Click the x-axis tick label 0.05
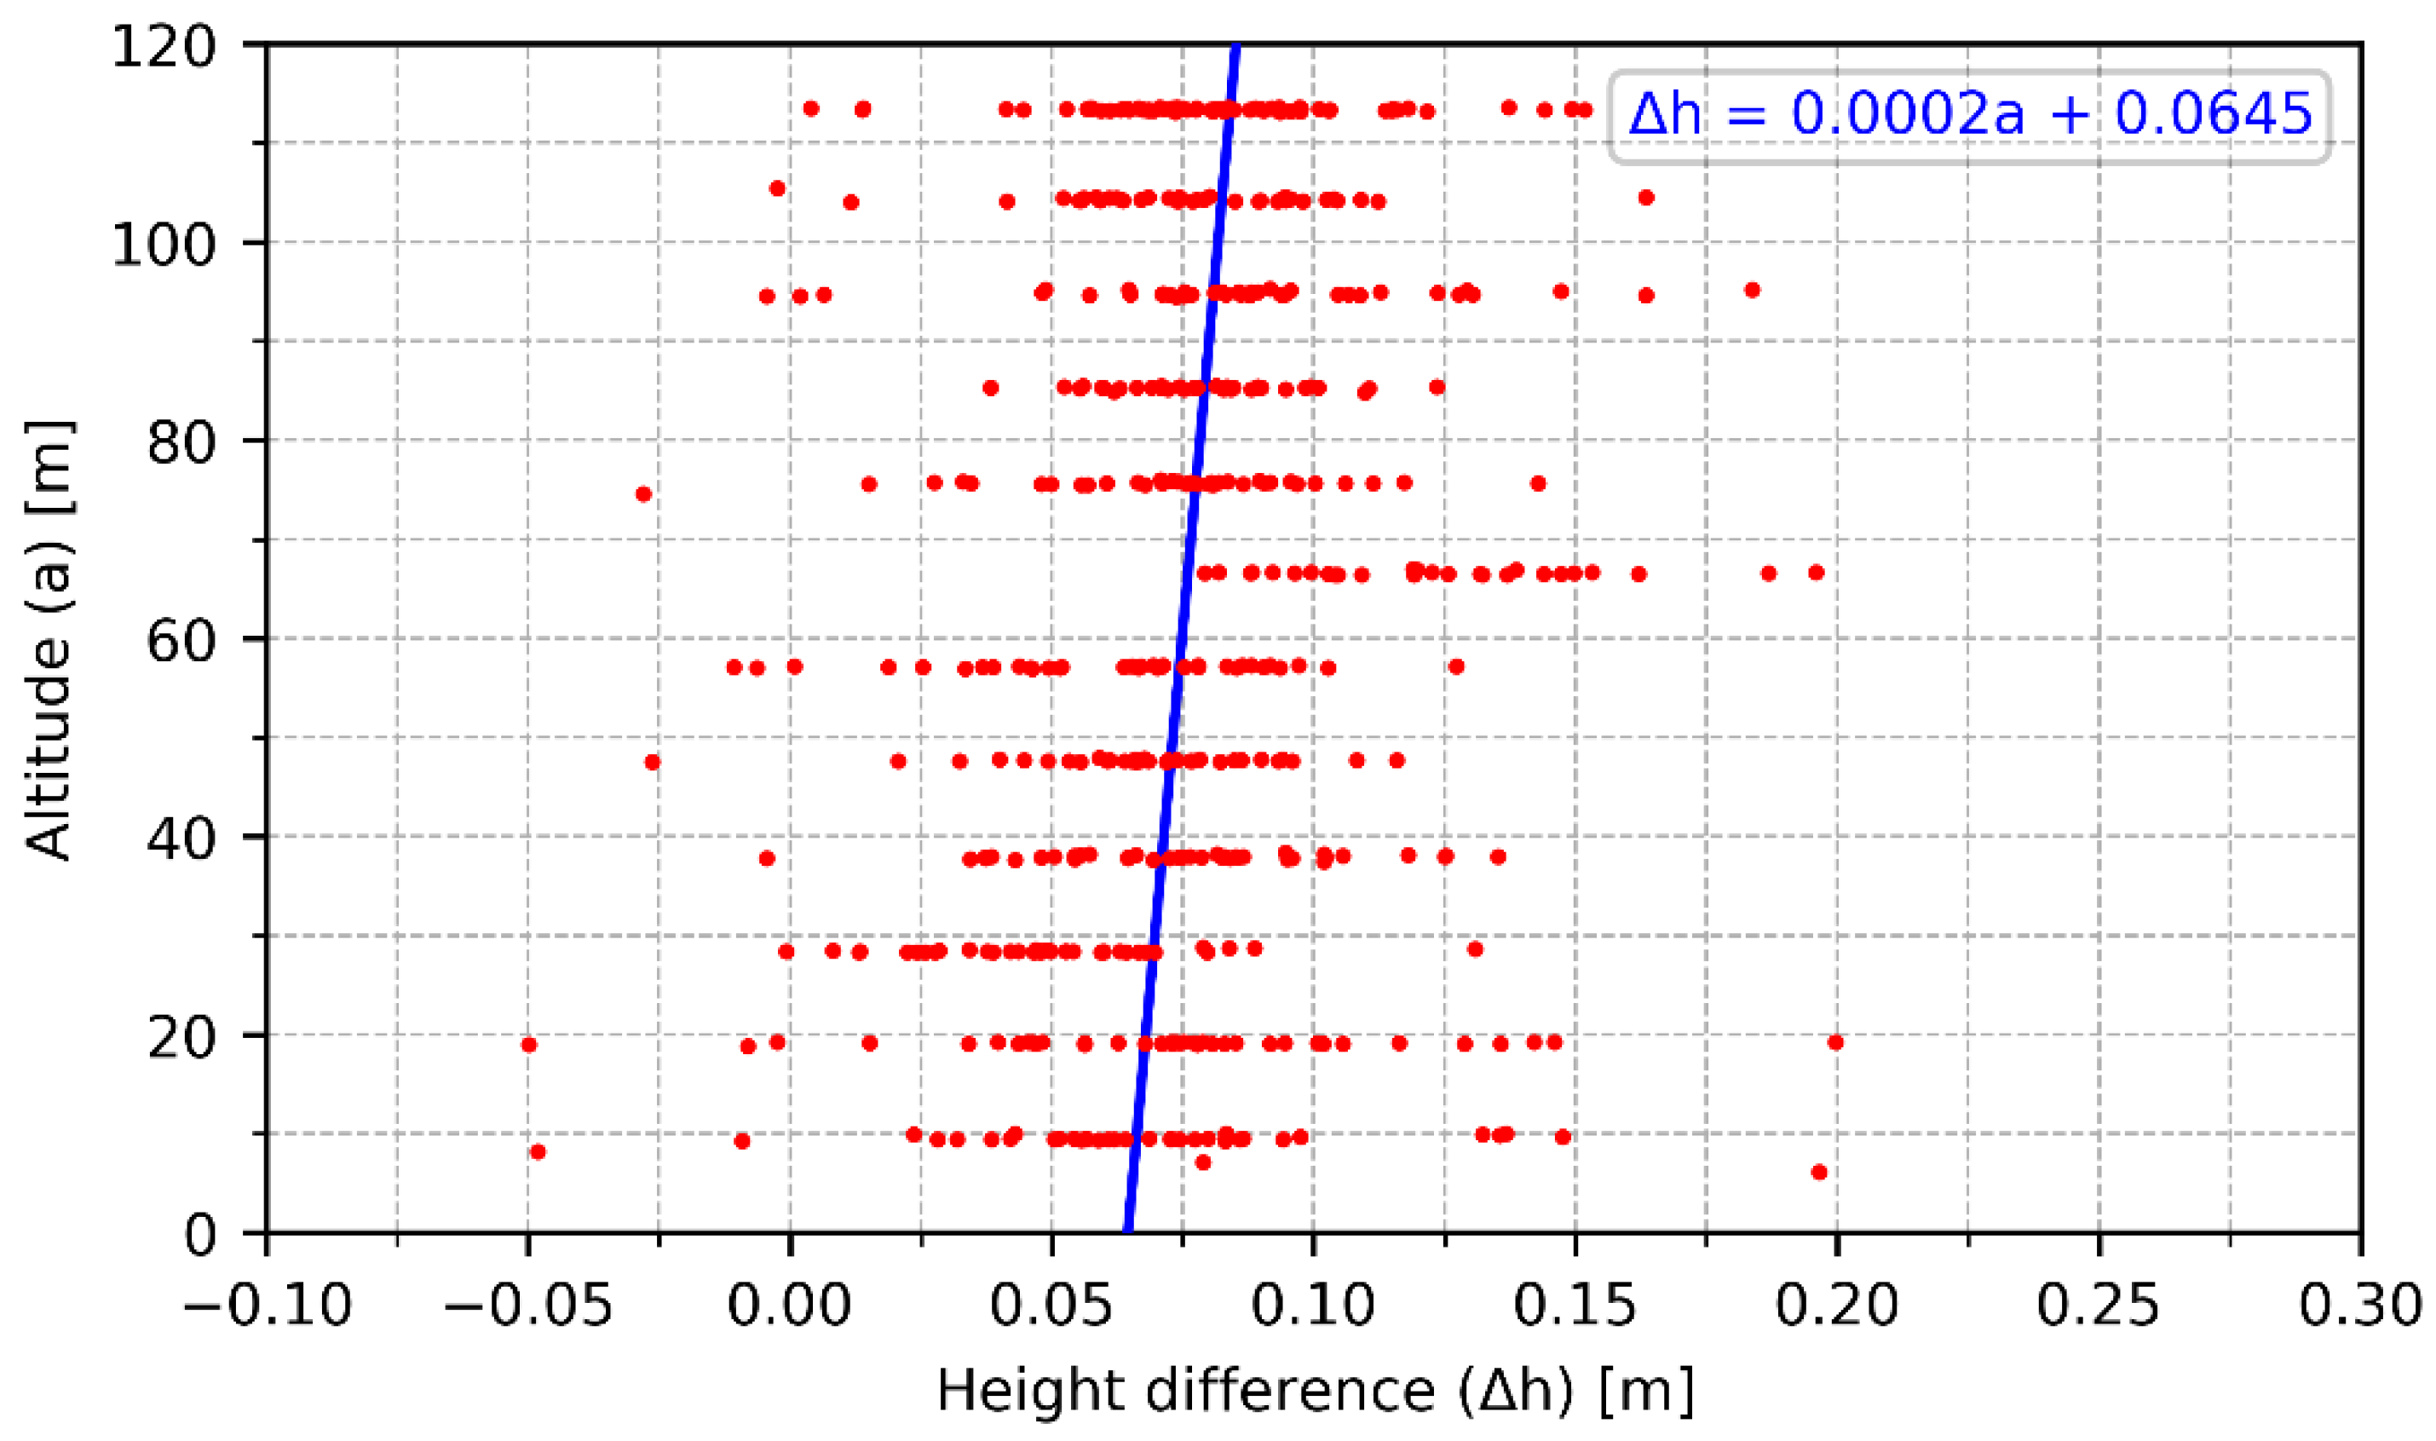click(x=1051, y=1306)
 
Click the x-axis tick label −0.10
click(x=267, y=1306)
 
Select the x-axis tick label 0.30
click(x=2359, y=1306)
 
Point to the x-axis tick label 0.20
click(x=1836, y=1306)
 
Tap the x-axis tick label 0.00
click(x=789, y=1306)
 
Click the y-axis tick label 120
click(x=163, y=47)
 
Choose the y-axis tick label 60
click(x=181, y=641)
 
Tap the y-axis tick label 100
click(x=163, y=245)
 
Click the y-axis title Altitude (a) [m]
click(x=49, y=641)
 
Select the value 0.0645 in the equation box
click(x=2214, y=114)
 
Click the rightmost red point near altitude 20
click(x=1835, y=1042)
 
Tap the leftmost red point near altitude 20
click(x=528, y=1045)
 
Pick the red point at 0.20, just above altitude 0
click(x=1819, y=1172)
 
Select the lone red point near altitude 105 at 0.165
click(x=1645, y=197)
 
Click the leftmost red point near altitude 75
click(x=642, y=493)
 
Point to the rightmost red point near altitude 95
click(x=1753, y=290)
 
